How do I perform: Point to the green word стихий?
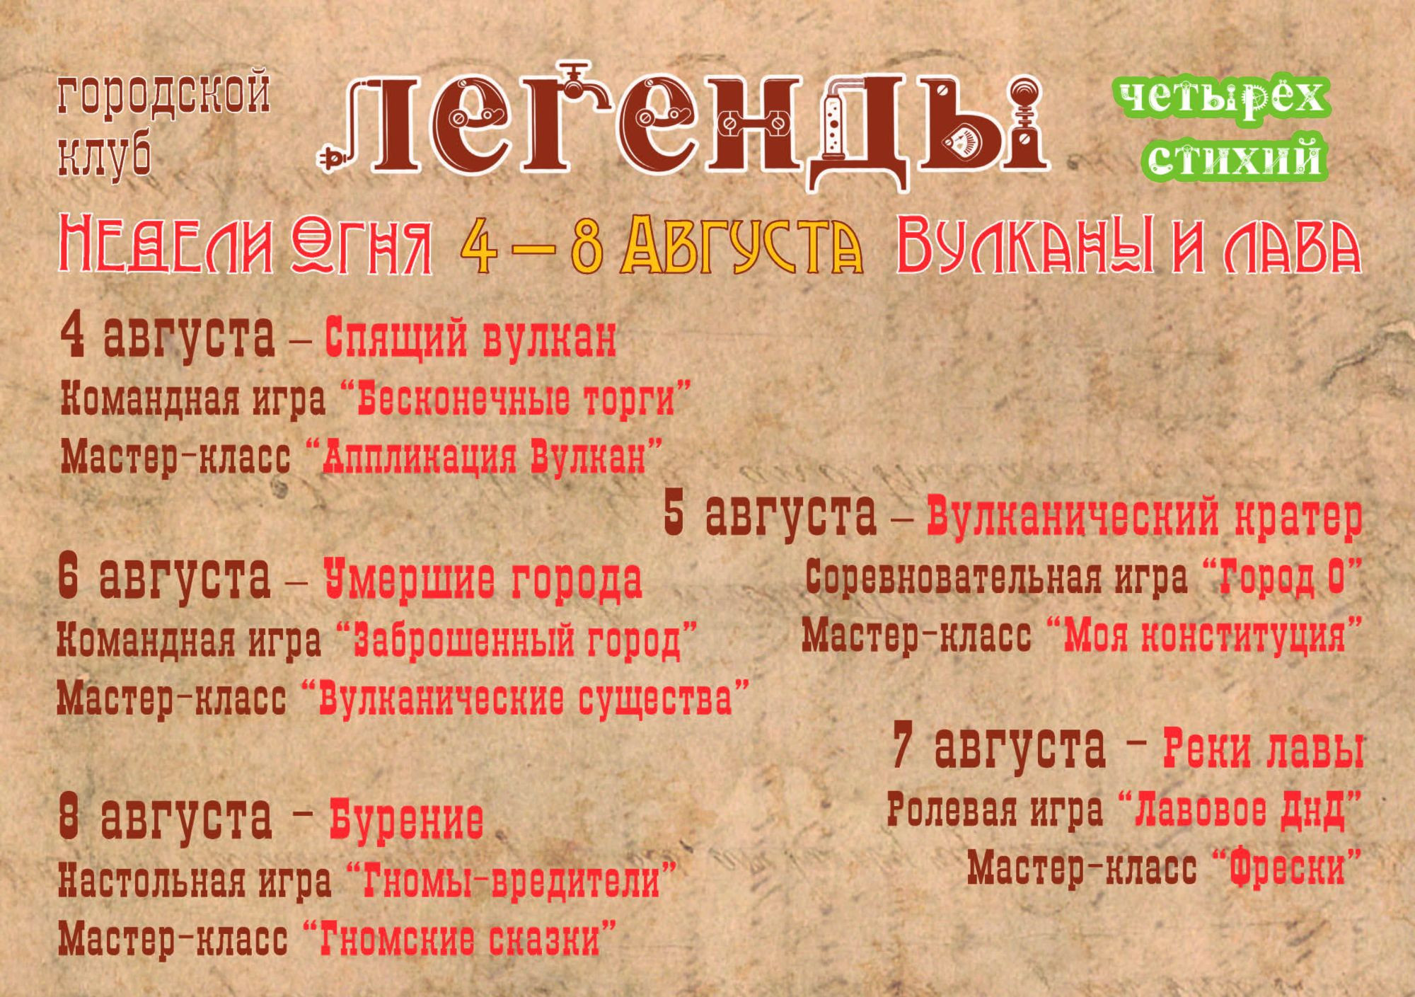click(x=1235, y=158)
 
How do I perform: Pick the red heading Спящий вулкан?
click(x=470, y=338)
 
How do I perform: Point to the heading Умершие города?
click(x=483, y=578)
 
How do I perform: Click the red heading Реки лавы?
click(x=1263, y=749)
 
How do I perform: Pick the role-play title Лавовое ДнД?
click(x=1240, y=810)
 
